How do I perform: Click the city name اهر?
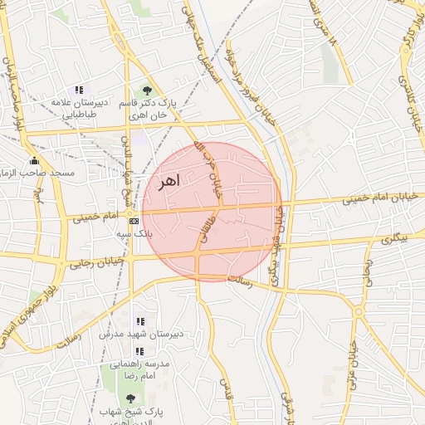coord(167,181)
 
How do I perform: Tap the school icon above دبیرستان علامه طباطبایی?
coord(79,90)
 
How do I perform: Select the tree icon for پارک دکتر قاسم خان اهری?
coord(148,90)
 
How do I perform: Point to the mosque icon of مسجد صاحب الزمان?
coord(34,160)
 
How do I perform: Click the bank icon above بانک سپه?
coord(134,221)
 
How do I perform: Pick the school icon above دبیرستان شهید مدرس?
coord(139,321)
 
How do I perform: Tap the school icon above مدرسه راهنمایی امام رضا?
coord(139,351)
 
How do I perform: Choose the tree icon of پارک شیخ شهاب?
coord(129,398)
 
